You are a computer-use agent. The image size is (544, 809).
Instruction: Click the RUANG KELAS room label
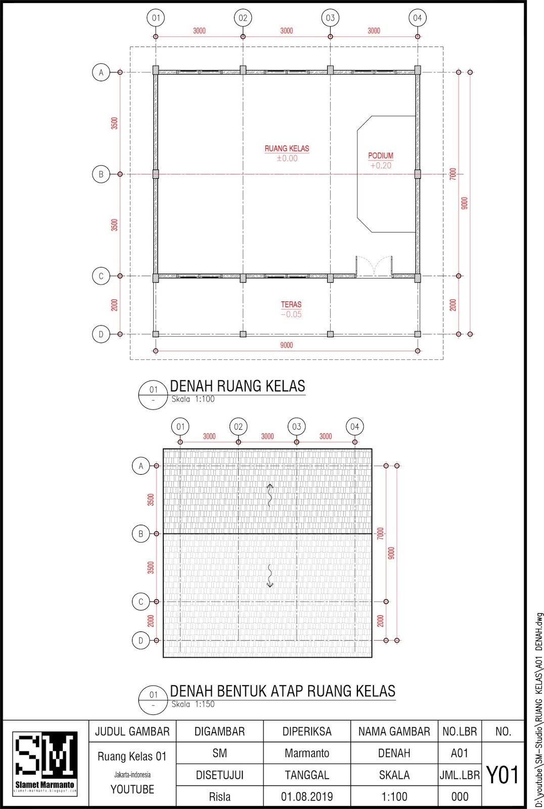(287, 149)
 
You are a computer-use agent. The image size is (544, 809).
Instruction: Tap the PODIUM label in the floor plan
(381, 156)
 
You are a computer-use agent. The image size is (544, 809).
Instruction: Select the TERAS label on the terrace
(291, 304)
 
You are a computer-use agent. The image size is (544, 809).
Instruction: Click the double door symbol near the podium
(374, 267)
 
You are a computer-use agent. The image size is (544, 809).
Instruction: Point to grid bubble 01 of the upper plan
(156, 18)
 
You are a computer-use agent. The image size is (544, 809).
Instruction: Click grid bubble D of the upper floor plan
(101, 334)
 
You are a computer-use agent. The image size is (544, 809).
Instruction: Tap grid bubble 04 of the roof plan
(354, 427)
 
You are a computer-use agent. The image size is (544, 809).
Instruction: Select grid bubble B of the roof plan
(141, 534)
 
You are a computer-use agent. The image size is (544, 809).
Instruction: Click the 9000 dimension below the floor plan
(286, 345)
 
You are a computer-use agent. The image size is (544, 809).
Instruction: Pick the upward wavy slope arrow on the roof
(270, 495)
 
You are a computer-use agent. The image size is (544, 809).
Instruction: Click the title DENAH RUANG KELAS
(237, 386)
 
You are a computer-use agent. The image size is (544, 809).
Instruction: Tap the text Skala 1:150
(193, 704)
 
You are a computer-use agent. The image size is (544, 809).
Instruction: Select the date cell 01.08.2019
(307, 797)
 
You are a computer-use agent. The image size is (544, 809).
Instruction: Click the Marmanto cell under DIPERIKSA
(307, 753)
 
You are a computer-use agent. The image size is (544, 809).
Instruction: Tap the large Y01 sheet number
(503, 775)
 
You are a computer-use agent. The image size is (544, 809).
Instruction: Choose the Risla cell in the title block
(219, 797)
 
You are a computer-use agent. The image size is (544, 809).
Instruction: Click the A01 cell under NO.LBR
(459, 753)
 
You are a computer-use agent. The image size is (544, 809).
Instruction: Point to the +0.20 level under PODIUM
(381, 165)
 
